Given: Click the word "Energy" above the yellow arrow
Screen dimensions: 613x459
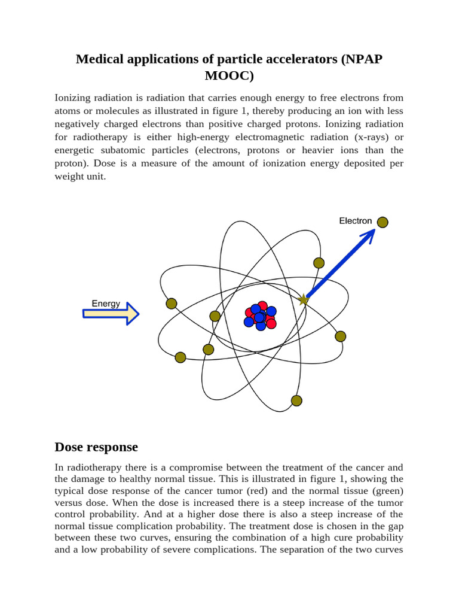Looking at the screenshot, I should (x=106, y=304).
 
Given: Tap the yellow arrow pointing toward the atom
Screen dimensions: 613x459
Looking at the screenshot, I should (x=111, y=314).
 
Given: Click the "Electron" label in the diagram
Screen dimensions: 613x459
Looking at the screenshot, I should (x=356, y=221).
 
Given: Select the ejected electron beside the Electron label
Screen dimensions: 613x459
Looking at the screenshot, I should (x=382, y=222).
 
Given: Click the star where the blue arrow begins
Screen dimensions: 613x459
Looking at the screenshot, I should (x=304, y=299).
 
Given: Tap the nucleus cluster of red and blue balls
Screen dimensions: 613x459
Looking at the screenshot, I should (x=260, y=315).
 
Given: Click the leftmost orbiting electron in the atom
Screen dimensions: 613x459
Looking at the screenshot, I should (x=172, y=304).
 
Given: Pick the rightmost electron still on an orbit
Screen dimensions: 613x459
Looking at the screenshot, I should (x=340, y=336).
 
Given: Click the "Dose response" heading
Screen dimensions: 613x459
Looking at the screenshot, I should (x=96, y=447).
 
